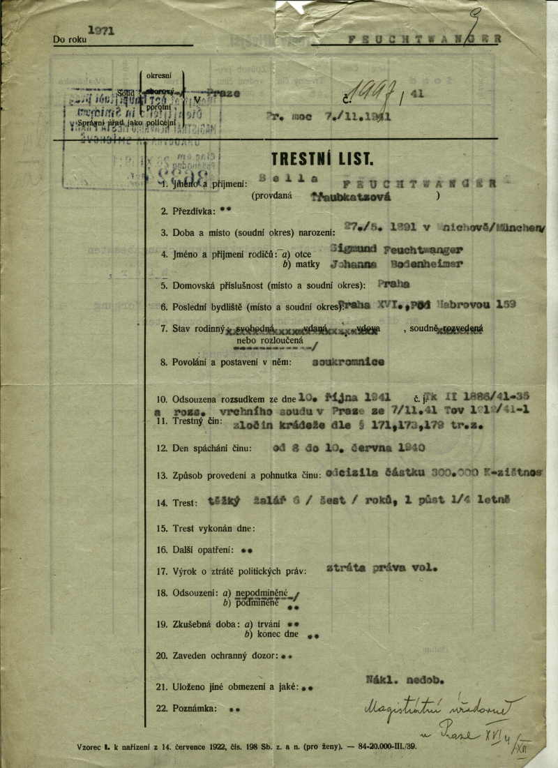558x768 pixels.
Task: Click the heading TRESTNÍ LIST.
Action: pos(322,159)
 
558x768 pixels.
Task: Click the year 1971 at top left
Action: pos(101,31)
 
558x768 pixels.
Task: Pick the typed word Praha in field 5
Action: pos(395,284)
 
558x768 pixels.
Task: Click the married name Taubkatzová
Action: pos(351,197)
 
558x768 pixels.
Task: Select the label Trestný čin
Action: pos(197,422)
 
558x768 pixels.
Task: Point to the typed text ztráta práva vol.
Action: pos(382,568)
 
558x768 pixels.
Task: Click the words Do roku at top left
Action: pos(70,40)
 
